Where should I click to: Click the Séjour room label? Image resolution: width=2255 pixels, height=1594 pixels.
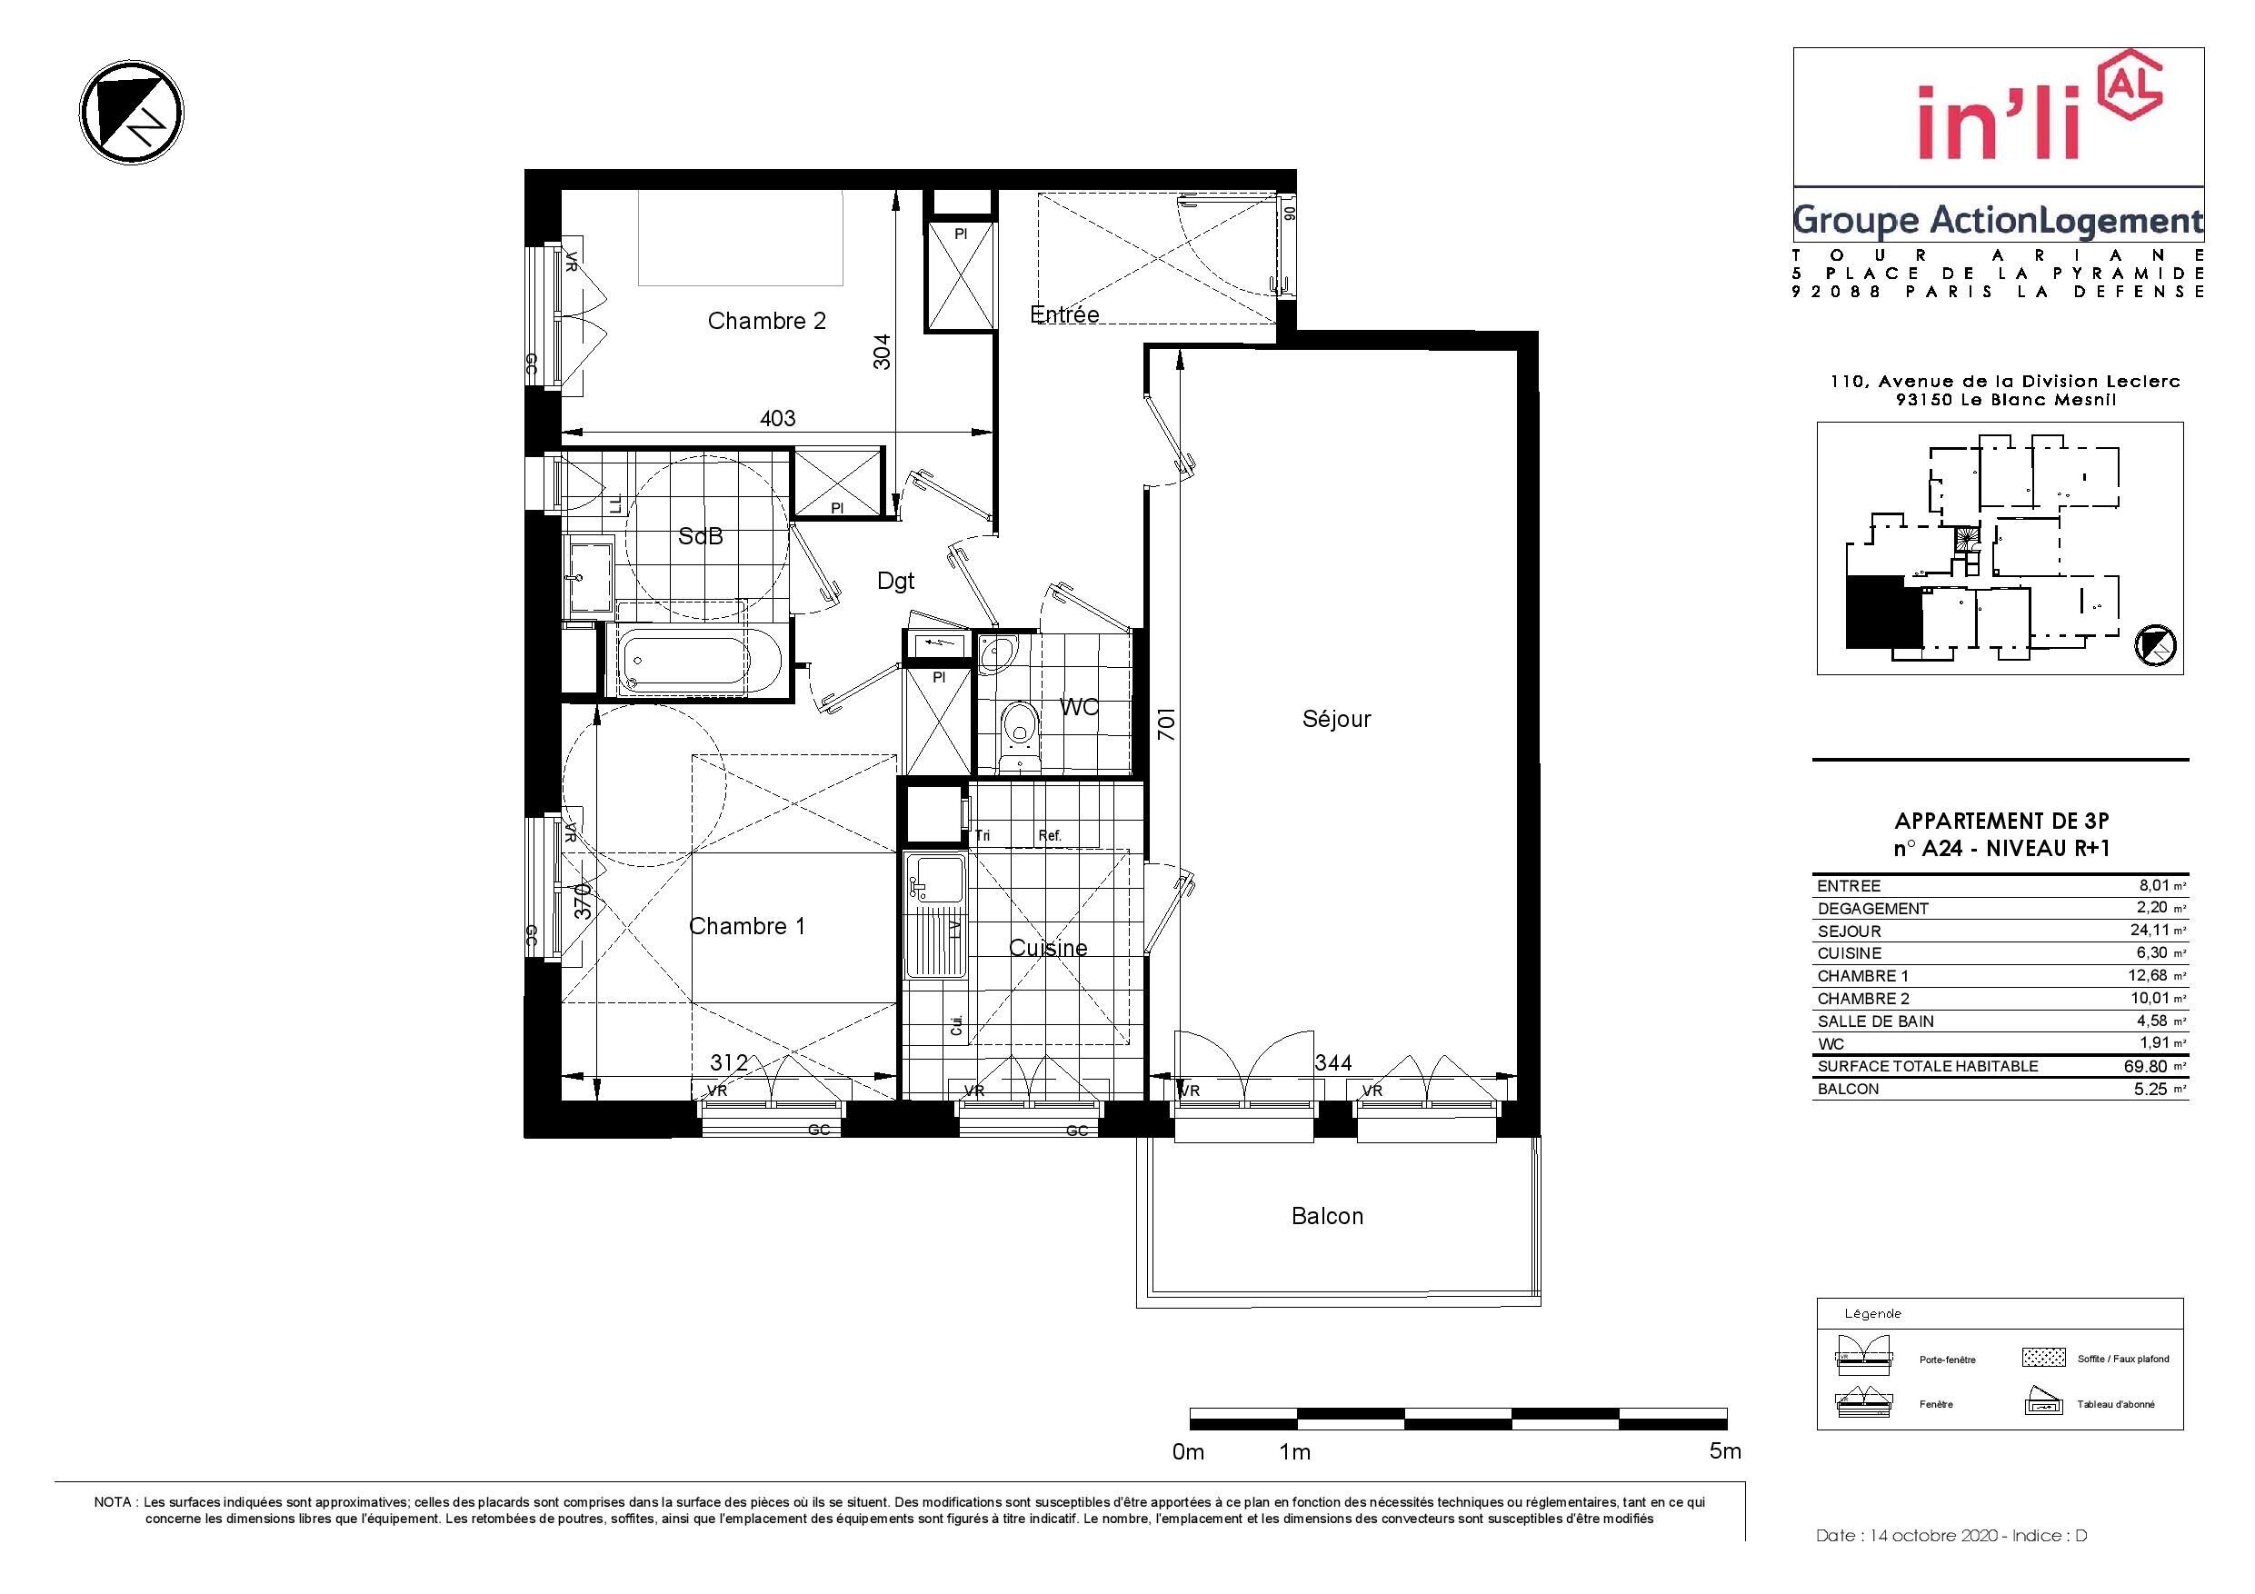coord(1336,719)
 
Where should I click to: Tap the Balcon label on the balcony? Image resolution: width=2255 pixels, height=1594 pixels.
coord(1327,1216)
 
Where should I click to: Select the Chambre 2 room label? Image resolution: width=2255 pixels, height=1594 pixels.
coord(766,320)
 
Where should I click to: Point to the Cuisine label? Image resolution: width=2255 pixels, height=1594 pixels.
coord(1048,948)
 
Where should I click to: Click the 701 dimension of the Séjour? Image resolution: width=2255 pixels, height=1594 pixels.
coord(1166,725)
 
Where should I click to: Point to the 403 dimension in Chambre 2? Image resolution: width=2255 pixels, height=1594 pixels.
coord(777,418)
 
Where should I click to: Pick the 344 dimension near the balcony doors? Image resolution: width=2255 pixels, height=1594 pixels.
coord(1332,1062)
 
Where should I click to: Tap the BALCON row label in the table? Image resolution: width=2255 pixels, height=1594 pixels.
coord(1848,1090)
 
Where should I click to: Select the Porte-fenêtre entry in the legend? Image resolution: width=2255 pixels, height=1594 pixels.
coord(1948,1360)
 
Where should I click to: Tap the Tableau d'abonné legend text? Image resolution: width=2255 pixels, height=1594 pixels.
coord(2116,1404)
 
